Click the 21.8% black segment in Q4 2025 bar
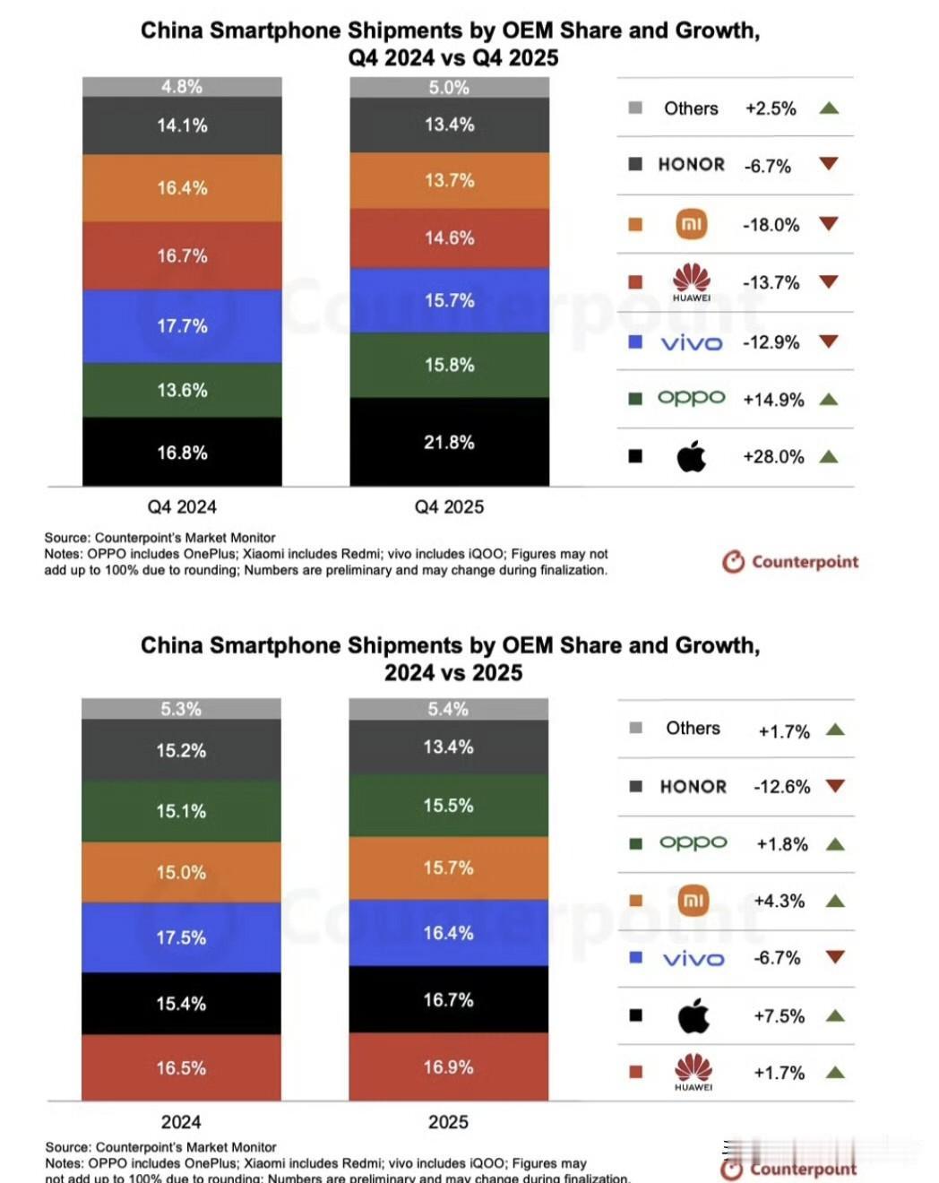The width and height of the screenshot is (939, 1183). point(449,442)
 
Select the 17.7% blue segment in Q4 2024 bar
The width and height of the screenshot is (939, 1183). point(182,326)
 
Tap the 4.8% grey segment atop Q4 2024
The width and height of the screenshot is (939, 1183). point(182,87)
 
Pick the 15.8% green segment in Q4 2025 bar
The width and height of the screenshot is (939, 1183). point(449,365)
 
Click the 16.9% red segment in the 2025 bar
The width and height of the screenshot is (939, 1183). point(448,1066)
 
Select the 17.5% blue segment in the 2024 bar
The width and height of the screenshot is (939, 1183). point(181,937)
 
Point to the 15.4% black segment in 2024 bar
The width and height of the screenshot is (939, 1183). point(181,1003)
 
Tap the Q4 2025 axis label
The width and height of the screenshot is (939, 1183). point(449,507)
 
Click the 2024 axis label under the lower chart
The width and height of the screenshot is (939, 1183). point(181,1122)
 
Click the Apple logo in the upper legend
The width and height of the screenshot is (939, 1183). point(691,457)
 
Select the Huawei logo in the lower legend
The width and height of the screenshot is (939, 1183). point(693,1070)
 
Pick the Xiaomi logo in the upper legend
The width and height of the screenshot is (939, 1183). point(691,224)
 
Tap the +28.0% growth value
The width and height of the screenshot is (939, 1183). point(773,457)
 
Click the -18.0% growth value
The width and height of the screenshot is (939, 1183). point(771,225)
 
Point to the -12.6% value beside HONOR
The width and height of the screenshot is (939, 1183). point(781,787)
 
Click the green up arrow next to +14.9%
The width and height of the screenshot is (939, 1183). point(829,400)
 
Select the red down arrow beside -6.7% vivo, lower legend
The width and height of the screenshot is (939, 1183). point(835,957)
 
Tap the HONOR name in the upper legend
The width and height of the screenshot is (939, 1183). point(691,165)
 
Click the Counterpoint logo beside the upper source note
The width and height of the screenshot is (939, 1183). point(790,562)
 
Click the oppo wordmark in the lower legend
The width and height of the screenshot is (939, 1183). point(693,843)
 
